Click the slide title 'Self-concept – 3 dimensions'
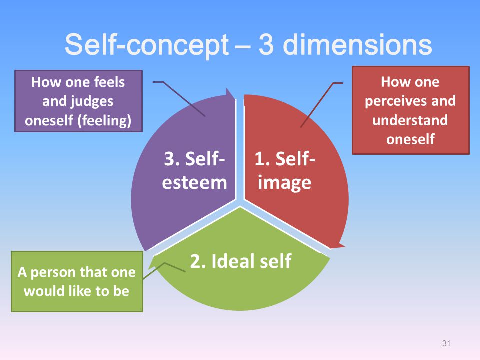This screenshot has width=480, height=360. pos(248,45)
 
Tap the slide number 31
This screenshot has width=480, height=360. pos(447,343)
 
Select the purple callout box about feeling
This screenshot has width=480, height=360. pos(78,101)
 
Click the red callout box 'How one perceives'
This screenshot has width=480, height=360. pos(410,110)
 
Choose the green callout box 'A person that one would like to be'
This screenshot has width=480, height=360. pos(77,282)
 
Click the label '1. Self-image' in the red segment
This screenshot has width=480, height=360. pos(285,171)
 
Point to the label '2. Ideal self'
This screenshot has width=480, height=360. pos(240,261)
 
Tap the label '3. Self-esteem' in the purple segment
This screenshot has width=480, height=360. pos(194,171)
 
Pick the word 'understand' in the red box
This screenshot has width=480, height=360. pos(410,120)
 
